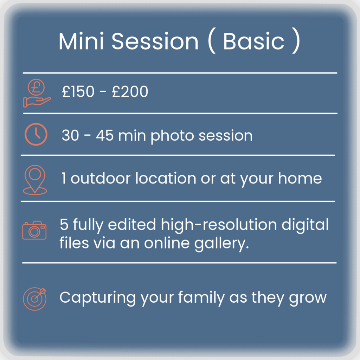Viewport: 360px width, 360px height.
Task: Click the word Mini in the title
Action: [x=81, y=41]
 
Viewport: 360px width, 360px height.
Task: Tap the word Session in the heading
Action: [x=155, y=41]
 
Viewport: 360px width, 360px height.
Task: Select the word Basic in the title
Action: [x=254, y=41]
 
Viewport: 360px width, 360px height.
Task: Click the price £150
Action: [x=78, y=91]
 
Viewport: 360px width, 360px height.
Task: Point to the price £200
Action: [x=130, y=91]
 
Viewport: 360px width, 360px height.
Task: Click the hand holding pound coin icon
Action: [x=37, y=93]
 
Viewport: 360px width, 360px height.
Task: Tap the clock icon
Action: [x=36, y=134]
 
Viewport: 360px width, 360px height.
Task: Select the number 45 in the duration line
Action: [x=105, y=135]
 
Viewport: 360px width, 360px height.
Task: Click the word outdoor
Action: [x=101, y=178]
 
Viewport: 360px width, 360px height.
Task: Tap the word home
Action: [x=300, y=178]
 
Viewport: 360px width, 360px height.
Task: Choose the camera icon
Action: [x=34, y=230]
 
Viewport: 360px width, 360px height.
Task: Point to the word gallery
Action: [x=221, y=244]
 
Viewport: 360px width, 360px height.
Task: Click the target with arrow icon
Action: [x=35, y=299]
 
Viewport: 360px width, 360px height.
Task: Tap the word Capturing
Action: [x=98, y=298]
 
